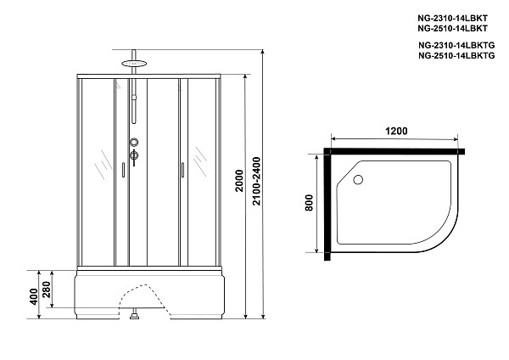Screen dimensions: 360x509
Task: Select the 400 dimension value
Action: (x=33, y=296)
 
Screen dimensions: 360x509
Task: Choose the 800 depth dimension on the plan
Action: (x=309, y=204)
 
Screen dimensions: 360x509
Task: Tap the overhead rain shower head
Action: (x=131, y=60)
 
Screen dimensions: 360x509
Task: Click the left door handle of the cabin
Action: (x=123, y=171)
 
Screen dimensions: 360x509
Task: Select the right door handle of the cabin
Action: (x=182, y=171)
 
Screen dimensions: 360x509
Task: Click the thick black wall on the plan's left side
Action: (x=326, y=204)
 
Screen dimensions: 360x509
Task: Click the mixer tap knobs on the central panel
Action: (x=132, y=149)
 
